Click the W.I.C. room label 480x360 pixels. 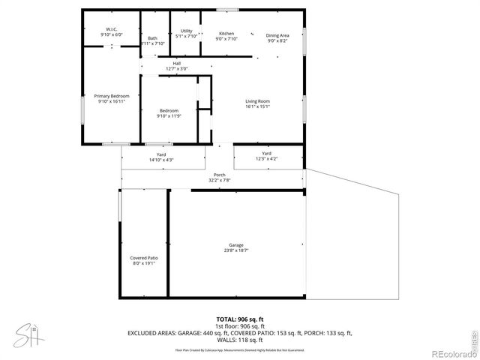(x=112, y=29)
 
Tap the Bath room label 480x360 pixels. (x=153, y=38)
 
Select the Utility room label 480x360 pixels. (x=186, y=31)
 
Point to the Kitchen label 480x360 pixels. (x=226, y=34)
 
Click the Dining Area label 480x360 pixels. (x=277, y=35)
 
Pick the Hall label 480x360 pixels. (x=177, y=63)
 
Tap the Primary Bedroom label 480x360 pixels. (x=111, y=96)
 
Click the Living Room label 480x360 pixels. (x=257, y=101)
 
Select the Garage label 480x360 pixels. (x=236, y=245)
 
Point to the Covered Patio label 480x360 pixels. (x=143, y=258)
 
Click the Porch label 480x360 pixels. (x=219, y=175)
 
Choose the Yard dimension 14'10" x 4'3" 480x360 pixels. (x=161, y=160)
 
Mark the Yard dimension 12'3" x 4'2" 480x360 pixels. (x=266, y=158)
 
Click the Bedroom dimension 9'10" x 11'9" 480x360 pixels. (x=168, y=116)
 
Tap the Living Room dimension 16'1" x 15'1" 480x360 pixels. (x=257, y=106)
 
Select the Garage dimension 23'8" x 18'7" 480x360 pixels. (x=236, y=250)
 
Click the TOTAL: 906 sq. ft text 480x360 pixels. (x=240, y=319)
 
